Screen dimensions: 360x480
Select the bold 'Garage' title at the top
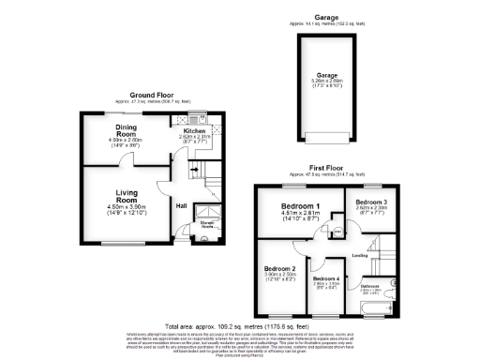point(326,16)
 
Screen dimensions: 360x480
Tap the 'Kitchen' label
point(197,131)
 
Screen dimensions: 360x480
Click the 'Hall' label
point(181,206)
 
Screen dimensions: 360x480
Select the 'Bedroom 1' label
point(302,206)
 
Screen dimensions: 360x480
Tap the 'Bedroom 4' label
point(326,278)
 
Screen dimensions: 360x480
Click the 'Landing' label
point(357,253)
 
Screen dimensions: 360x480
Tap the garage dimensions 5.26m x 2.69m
point(326,82)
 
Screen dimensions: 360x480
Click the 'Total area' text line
point(239,327)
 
